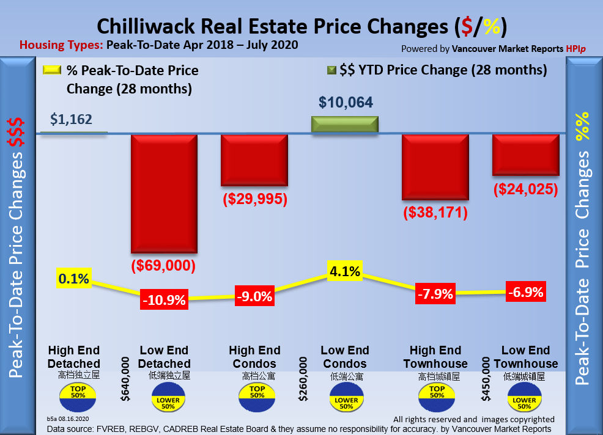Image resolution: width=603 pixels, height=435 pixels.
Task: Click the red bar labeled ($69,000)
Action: pyautogui.click(x=164, y=193)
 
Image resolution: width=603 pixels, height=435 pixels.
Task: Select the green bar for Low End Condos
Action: pyautogui.click(x=345, y=124)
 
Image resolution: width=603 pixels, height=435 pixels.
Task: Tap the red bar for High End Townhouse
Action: pyautogui.click(x=435, y=166)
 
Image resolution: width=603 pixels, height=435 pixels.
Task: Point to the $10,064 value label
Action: pyautogui.click(x=346, y=102)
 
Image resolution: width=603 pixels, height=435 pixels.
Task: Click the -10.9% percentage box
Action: pyautogui.click(x=164, y=300)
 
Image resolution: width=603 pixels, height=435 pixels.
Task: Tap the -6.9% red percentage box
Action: pyautogui.click(x=525, y=292)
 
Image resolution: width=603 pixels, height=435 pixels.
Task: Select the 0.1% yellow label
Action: pyautogui.click(x=74, y=279)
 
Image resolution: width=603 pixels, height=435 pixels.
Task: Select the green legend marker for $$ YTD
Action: pyautogui.click(x=331, y=70)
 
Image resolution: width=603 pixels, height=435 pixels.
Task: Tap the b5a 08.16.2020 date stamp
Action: pyautogui.click(x=67, y=420)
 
